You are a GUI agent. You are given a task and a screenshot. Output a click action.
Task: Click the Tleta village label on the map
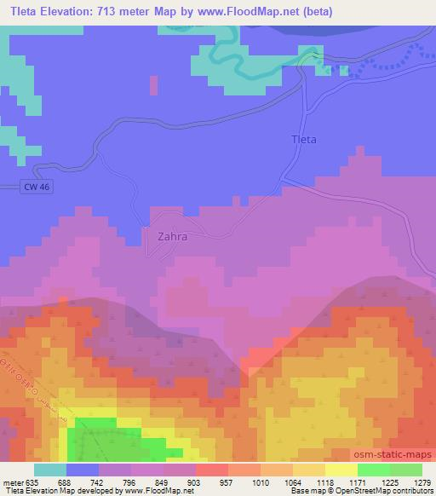(x=303, y=140)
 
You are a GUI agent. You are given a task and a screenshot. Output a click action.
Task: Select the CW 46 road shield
(x=35, y=187)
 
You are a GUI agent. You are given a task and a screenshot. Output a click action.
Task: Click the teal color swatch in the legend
(x=50, y=470)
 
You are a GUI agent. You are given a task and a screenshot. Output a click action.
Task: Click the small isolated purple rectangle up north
(x=154, y=85)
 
